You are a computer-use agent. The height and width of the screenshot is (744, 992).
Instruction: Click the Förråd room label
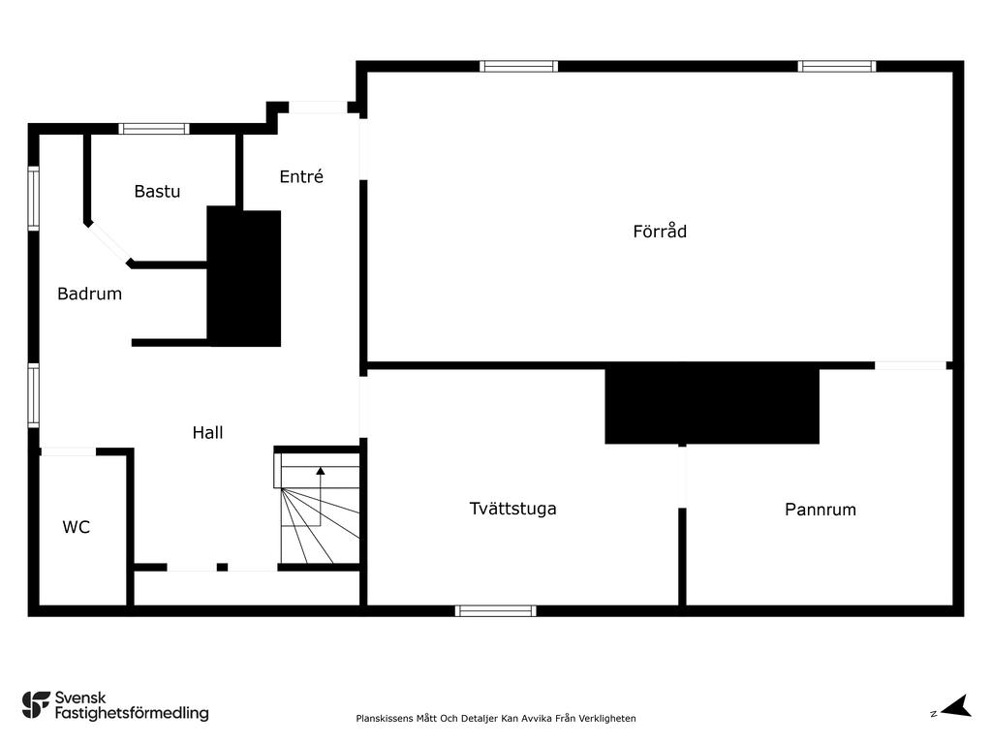coord(660,231)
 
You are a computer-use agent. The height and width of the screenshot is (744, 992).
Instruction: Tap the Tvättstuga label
coord(513,509)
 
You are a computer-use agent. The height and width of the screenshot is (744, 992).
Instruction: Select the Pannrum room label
coord(821,510)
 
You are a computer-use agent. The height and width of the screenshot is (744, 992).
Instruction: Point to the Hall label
coord(207,432)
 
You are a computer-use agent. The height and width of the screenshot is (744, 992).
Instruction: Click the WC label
coord(76,527)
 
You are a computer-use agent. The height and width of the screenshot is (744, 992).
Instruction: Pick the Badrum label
coord(89,294)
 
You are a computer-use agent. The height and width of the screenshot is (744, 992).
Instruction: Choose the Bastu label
coord(157,191)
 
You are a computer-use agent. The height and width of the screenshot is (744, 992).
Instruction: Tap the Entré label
coord(301,176)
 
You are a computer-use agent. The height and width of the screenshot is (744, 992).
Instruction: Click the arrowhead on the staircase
coord(320,471)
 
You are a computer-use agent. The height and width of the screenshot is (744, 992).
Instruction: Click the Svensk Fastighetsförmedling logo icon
coord(36,705)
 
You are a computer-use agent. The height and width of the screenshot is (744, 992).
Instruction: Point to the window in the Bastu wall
coord(154,129)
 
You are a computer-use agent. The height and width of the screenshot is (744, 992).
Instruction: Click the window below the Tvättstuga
coord(495,610)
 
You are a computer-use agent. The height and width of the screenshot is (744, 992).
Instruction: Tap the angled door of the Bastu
coord(108,242)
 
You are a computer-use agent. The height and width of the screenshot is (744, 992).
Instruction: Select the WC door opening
coord(68,451)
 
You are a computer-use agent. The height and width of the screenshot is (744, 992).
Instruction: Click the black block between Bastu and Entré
coord(244,276)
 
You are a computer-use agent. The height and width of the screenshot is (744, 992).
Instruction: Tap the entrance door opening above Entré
coord(318,108)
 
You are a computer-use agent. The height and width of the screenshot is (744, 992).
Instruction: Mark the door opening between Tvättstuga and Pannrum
coord(682,477)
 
